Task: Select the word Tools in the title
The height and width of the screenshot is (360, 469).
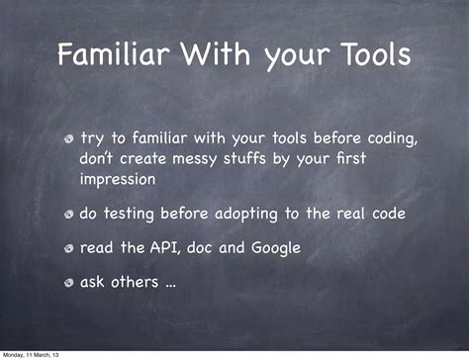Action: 370,55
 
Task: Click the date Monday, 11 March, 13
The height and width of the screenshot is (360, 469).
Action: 30,354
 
